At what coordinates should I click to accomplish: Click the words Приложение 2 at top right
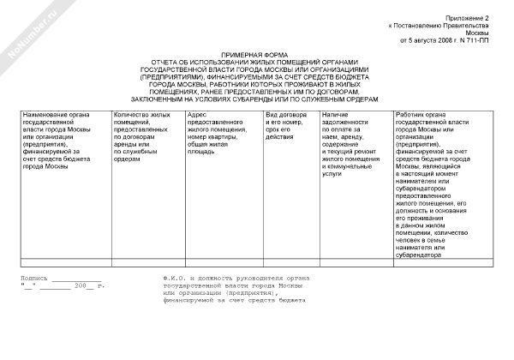coord(470,17)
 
